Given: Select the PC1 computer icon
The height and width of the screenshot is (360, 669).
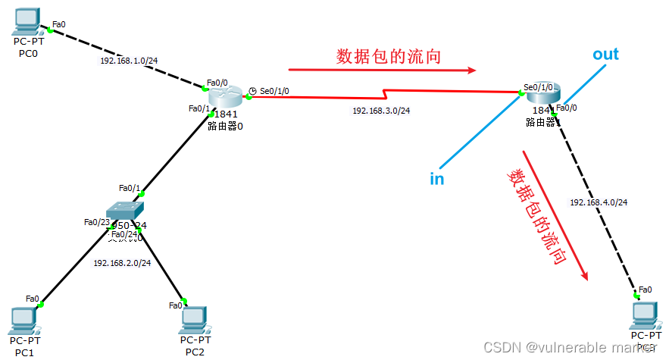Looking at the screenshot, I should [25, 321].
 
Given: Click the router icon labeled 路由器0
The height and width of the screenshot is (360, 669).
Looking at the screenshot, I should [225, 95].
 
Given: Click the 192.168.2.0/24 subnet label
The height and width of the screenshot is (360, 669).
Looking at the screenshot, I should [122, 263].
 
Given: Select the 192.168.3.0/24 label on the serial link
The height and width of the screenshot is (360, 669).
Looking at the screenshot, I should [381, 111].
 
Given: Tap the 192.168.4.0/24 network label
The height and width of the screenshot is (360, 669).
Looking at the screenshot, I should [599, 202].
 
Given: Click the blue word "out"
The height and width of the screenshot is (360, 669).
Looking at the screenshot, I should [605, 55].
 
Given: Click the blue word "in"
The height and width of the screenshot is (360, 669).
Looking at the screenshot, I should [437, 179].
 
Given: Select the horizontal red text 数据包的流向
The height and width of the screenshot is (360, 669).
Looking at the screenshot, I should [389, 56].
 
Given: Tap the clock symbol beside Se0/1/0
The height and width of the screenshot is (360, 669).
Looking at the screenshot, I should [252, 91].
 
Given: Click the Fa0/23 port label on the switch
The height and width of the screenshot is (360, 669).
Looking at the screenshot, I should [95, 222].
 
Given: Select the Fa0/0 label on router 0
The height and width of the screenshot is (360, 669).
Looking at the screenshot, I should [217, 83].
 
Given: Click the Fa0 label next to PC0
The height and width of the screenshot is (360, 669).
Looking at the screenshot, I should [59, 24].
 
